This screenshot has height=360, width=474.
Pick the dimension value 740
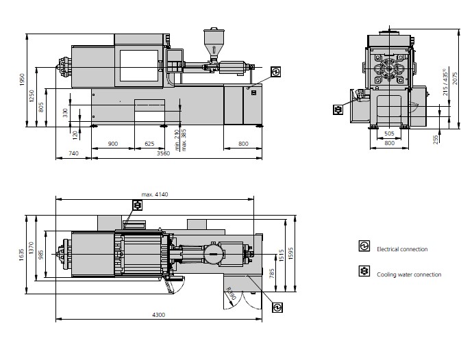[x=73, y=154]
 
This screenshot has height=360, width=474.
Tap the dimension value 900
[x=113, y=144]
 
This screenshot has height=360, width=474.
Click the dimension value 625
[x=150, y=144]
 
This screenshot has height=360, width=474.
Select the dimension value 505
[x=388, y=134]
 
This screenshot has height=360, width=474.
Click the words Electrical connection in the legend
[x=402, y=249]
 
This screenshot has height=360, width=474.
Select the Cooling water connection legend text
[x=409, y=274]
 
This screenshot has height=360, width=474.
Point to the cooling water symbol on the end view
[x=338, y=109]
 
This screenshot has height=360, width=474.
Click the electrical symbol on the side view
[x=275, y=72]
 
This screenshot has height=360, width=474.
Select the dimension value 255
[x=436, y=139]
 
